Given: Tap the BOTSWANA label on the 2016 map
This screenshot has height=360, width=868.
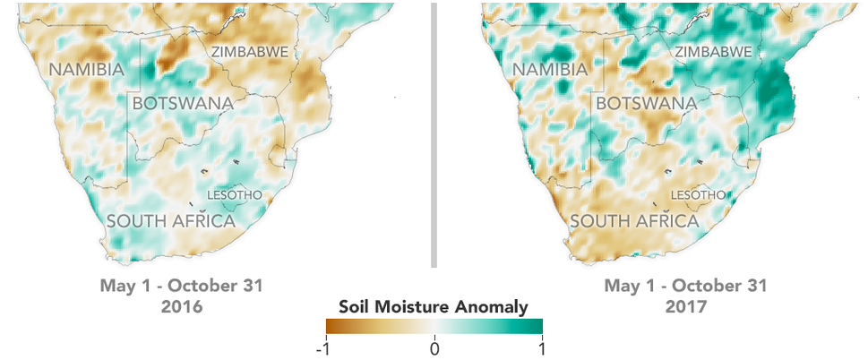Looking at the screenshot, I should (177, 103).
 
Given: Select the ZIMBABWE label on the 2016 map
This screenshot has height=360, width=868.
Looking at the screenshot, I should (250, 52).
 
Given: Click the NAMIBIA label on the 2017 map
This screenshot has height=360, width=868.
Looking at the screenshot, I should (551, 70).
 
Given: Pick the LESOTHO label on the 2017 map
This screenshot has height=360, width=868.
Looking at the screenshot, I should (699, 194).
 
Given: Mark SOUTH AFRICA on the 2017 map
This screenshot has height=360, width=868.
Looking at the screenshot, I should (635, 220).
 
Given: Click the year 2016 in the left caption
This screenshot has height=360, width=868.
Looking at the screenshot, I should (184, 306).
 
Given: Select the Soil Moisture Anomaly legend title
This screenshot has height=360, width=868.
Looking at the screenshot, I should (434, 307).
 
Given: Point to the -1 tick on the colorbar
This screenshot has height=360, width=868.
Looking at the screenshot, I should (329, 347).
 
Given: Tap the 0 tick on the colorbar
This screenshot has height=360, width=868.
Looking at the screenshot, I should (434, 347).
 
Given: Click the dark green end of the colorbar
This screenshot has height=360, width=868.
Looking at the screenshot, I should (537, 327).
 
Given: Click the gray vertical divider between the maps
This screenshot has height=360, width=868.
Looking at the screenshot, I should (434, 134).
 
